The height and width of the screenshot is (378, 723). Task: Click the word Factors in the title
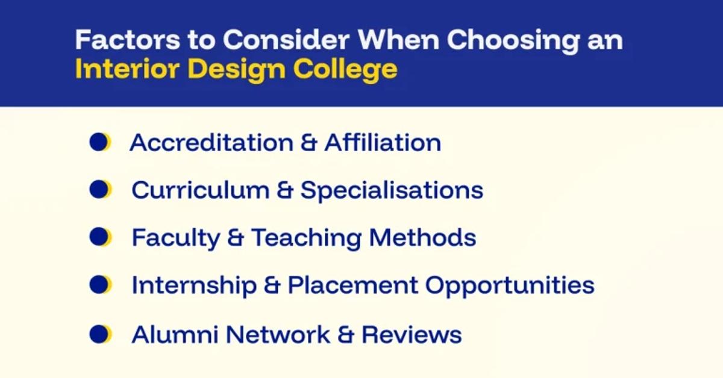coord(128,40)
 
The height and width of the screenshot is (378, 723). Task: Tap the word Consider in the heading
coord(286,40)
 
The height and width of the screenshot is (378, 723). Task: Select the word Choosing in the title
coord(513,42)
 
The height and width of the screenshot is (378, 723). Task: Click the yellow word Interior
coord(127,69)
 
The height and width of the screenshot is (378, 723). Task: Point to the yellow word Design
coord(237,71)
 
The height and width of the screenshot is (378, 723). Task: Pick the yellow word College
coord(345,71)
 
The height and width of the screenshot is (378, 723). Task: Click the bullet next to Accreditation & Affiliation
coord(100,142)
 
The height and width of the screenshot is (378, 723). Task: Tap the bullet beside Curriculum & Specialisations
coord(101,190)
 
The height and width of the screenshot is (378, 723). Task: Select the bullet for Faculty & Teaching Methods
coord(101,237)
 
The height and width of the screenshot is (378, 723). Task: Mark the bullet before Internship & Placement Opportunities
coord(101,285)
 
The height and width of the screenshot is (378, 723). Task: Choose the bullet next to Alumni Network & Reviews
coord(101,334)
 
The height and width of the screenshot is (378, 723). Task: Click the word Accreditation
coord(211,142)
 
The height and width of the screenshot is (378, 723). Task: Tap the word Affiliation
coord(383,142)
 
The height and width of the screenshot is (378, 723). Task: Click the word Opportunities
coord(510,287)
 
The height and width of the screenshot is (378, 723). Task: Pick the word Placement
coord(353,285)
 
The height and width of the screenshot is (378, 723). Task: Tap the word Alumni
coord(175,335)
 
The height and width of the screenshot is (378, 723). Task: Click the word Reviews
coord(412,335)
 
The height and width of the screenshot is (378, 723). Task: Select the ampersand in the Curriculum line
coord(285,190)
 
